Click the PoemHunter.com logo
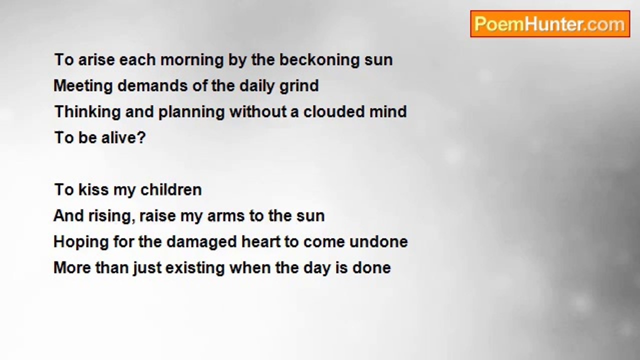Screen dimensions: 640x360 tap(550, 24)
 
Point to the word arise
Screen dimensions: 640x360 tap(96, 60)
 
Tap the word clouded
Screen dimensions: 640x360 tap(334, 111)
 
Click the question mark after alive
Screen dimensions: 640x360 tap(141, 137)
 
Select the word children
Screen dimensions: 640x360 tap(171, 189)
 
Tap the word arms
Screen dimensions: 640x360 tap(226, 216)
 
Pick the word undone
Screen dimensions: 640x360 tap(378, 241)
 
